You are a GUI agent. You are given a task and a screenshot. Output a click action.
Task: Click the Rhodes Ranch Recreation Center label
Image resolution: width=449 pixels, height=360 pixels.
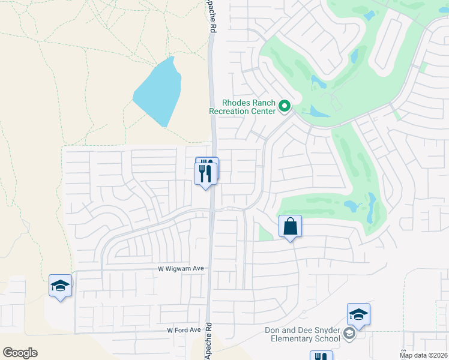[243, 106]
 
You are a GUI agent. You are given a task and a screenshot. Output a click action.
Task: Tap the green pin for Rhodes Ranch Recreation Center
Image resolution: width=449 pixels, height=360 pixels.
[285, 107]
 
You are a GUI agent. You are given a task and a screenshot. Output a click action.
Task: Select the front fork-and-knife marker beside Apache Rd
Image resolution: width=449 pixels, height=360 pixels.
[206, 173]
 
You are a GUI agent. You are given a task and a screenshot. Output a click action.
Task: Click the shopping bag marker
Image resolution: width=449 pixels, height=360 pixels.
[290, 227]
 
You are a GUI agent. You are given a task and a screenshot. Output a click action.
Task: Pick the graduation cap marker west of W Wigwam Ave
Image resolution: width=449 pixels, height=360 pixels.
[60, 286]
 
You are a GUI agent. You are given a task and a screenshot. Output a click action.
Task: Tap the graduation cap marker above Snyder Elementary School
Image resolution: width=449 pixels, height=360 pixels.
[358, 314]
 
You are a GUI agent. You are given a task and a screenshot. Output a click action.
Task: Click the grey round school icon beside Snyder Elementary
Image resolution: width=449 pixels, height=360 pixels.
[349, 334]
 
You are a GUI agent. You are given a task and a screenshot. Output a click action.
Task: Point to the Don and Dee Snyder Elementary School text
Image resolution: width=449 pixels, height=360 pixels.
[303, 334]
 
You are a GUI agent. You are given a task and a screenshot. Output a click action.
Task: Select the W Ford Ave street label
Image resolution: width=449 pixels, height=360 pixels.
[184, 330]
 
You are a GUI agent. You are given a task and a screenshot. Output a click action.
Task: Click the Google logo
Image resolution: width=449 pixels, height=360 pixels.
[20, 353]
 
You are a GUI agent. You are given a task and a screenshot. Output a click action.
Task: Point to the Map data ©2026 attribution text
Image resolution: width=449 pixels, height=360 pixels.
[423, 355]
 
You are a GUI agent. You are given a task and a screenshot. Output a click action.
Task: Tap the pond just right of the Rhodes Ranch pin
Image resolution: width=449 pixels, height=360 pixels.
[316, 112]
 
